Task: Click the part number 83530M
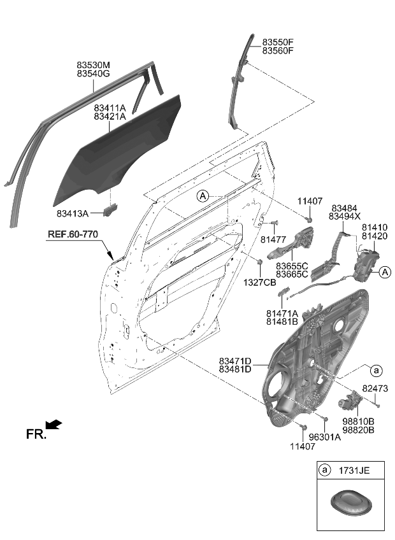[94, 65]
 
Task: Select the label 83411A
[110, 109]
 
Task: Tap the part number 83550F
[278, 43]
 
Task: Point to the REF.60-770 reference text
[73, 235]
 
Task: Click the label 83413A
[72, 213]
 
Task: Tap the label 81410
[375, 227]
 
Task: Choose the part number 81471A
[282, 313]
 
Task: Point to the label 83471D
[235, 360]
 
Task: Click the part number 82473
[376, 388]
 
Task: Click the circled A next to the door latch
[384, 273]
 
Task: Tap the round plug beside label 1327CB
[260, 262]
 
